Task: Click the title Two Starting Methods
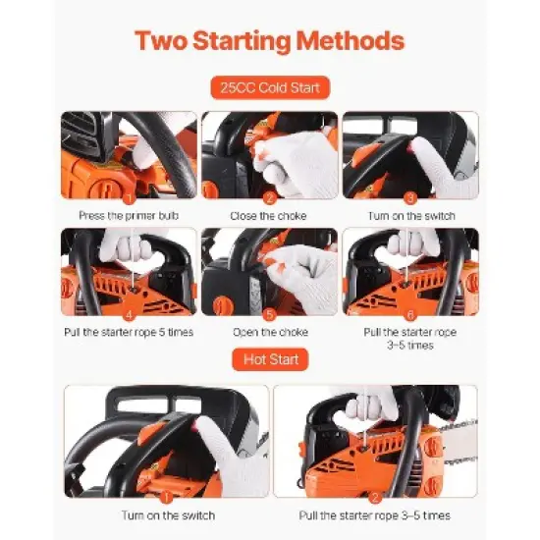pos(269,41)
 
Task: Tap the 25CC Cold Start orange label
pos(269,88)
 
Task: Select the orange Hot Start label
pos(269,360)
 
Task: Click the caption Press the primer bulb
pos(129,215)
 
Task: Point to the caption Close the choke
pos(268,215)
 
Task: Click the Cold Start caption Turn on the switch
pos(410,215)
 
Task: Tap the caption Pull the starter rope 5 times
pos(129,332)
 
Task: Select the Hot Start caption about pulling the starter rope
pos(375,514)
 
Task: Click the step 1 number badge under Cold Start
pos(129,197)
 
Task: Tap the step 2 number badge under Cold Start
pos(268,197)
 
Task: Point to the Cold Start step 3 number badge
pos(410,197)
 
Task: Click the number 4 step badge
pos(129,314)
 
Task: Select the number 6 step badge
pos(410,314)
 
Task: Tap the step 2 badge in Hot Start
pos(375,497)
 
